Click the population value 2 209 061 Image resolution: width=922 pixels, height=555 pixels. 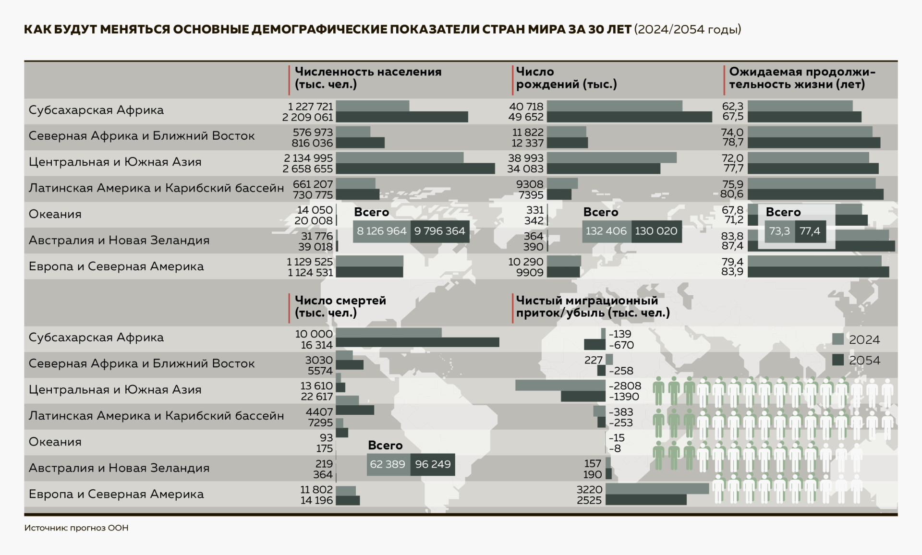[x=308, y=117]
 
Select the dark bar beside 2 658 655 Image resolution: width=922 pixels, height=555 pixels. [x=415, y=169]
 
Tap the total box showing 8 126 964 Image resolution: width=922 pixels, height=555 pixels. [x=381, y=231]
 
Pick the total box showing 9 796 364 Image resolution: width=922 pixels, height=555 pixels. [x=439, y=231]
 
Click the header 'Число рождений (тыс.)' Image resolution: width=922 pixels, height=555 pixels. [x=566, y=78]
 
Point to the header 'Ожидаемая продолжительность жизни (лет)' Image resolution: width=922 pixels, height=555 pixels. [x=801, y=78]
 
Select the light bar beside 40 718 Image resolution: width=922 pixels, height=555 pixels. [x=614, y=106]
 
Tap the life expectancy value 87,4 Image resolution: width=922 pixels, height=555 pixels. [x=732, y=246]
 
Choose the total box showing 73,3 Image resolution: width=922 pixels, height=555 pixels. [x=779, y=231]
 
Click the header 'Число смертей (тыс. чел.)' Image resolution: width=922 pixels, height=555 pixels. [x=340, y=307]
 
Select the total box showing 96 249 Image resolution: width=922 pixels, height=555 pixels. [x=433, y=464]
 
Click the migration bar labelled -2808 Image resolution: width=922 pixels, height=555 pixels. [x=560, y=385]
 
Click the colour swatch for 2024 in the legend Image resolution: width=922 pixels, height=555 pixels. [x=838, y=339]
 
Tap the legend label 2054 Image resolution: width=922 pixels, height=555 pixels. [x=864, y=361]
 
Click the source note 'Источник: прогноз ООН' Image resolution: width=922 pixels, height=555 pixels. [x=76, y=528]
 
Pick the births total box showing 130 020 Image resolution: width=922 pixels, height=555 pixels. [x=656, y=231]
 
